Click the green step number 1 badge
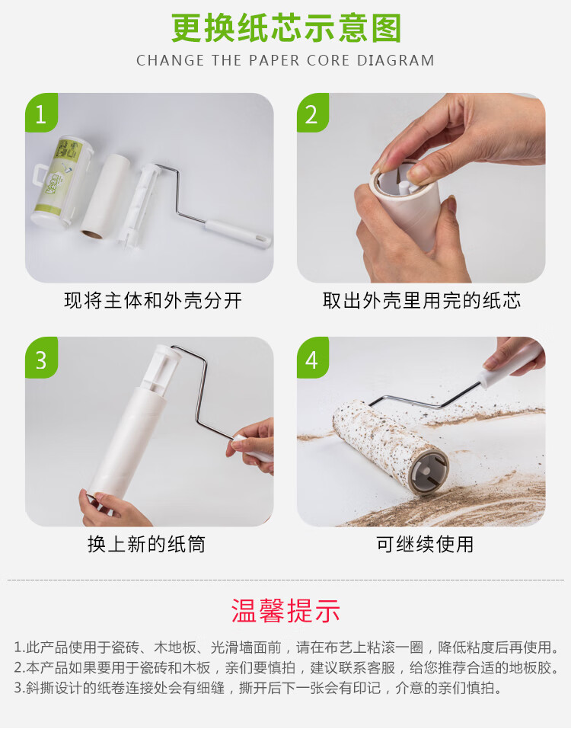click(x=41, y=113)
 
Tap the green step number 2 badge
click(x=313, y=113)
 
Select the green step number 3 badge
click(x=41, y=358)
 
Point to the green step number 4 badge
click(x=313, y=358)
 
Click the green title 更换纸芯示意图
click(x=286, y=28)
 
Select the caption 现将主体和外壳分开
click(x=153, y=300)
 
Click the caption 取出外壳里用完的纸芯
click(x=421, y=300)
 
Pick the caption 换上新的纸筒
click(x=146, y=544)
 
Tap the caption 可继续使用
click(x=425, y=544)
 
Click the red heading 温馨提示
click(x=285, y=610)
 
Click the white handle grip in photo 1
click(x=238, y=233)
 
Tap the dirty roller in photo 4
click(x=391, y=447)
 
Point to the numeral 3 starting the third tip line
click(x=18, y=688)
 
